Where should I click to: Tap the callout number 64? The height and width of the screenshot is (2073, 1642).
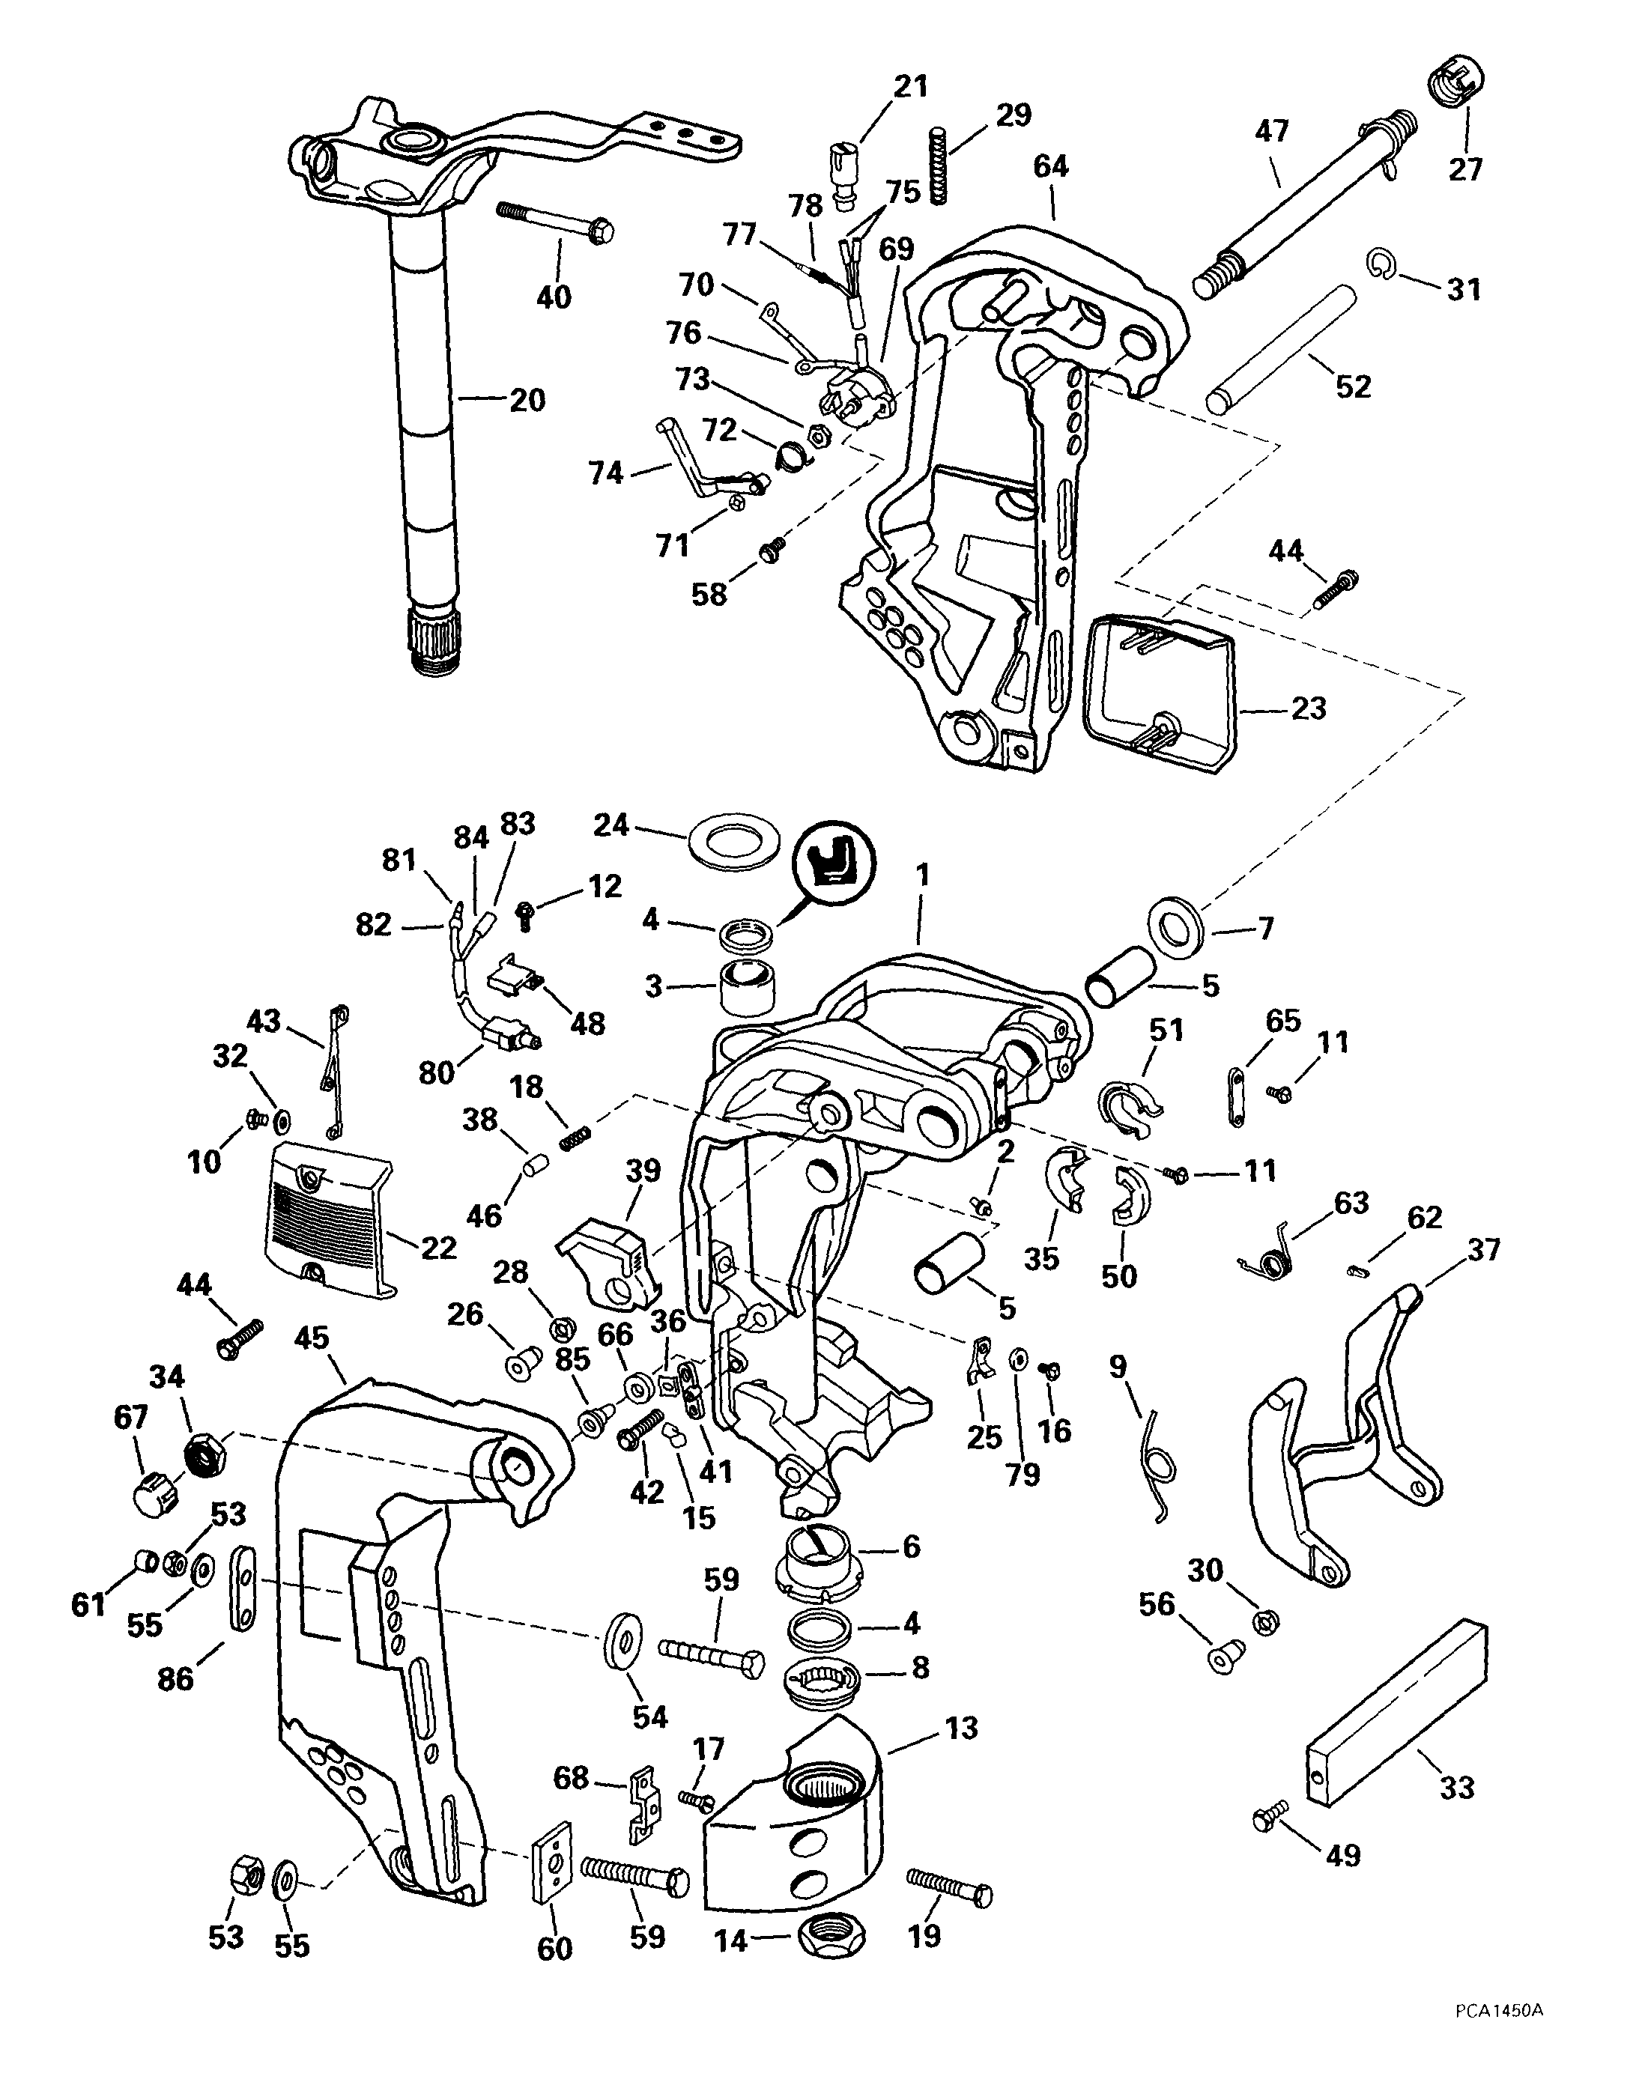[1051, 166]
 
